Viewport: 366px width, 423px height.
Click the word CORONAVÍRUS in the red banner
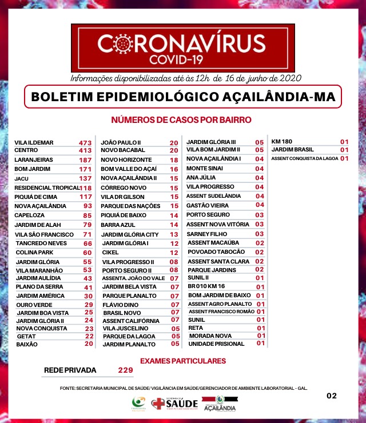(181, 44)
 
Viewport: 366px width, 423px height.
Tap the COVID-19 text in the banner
(182, 59)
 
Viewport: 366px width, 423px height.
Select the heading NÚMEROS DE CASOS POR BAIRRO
(181, 120)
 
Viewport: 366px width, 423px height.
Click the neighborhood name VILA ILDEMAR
(34, 142)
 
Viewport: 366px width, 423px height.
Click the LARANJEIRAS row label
(34, 160)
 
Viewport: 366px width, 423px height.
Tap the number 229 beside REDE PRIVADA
(125, 370)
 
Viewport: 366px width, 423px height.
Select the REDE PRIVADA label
(70, 370)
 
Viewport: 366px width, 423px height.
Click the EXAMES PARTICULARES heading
(183, 361)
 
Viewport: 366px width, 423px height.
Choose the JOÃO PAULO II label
(121, 142)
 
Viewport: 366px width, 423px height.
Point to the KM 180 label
(281, 141)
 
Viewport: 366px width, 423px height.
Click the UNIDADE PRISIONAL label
(212, 344)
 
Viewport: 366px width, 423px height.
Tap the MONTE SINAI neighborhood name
(204, 169)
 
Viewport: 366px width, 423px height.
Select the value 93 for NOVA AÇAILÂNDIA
(87, 206)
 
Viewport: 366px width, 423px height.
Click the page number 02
(332, 396)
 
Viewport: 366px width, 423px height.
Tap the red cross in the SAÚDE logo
(158, 404)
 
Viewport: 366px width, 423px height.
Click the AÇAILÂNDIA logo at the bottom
(219, 405)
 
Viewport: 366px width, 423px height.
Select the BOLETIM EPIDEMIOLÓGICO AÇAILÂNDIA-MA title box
(183, 97)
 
